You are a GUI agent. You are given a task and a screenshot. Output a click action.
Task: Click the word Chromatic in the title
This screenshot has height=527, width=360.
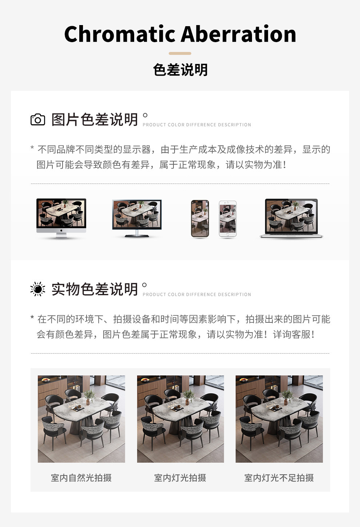(120, 34)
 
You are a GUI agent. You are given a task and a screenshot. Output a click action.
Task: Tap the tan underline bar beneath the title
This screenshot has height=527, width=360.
(180, 53)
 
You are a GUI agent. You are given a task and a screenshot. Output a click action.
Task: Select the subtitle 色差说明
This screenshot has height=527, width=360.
(180, 70)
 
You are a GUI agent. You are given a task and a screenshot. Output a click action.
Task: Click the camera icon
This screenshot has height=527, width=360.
(38, 120)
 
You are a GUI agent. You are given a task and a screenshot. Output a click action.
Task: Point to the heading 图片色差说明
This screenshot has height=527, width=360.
(95, 120)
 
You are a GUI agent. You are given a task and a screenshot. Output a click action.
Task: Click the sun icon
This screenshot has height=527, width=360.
(38, 289)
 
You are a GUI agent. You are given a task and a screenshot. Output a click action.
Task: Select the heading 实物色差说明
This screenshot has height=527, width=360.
(95, 289)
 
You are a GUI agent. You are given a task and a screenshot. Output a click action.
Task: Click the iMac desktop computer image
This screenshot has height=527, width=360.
(61, 218)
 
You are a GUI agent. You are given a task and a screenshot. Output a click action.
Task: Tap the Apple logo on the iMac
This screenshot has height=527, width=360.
(61, 230)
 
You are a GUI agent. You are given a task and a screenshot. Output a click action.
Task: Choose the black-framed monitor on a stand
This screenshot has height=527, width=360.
(137, 218)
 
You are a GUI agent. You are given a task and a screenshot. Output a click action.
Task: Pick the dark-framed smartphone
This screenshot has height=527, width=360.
(200, 218)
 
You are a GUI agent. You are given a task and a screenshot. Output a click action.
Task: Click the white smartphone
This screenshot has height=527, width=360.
(228, 219)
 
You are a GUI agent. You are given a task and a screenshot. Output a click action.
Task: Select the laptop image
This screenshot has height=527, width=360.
(291, 218)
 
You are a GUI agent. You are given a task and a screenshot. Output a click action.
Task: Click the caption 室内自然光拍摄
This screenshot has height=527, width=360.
(81, 478)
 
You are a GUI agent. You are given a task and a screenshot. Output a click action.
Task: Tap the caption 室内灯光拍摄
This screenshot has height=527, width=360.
(180, 478)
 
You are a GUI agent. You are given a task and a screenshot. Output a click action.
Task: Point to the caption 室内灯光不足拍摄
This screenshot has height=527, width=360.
(279, 478)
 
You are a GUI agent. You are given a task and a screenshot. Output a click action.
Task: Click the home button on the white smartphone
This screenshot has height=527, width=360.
(228, 234)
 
